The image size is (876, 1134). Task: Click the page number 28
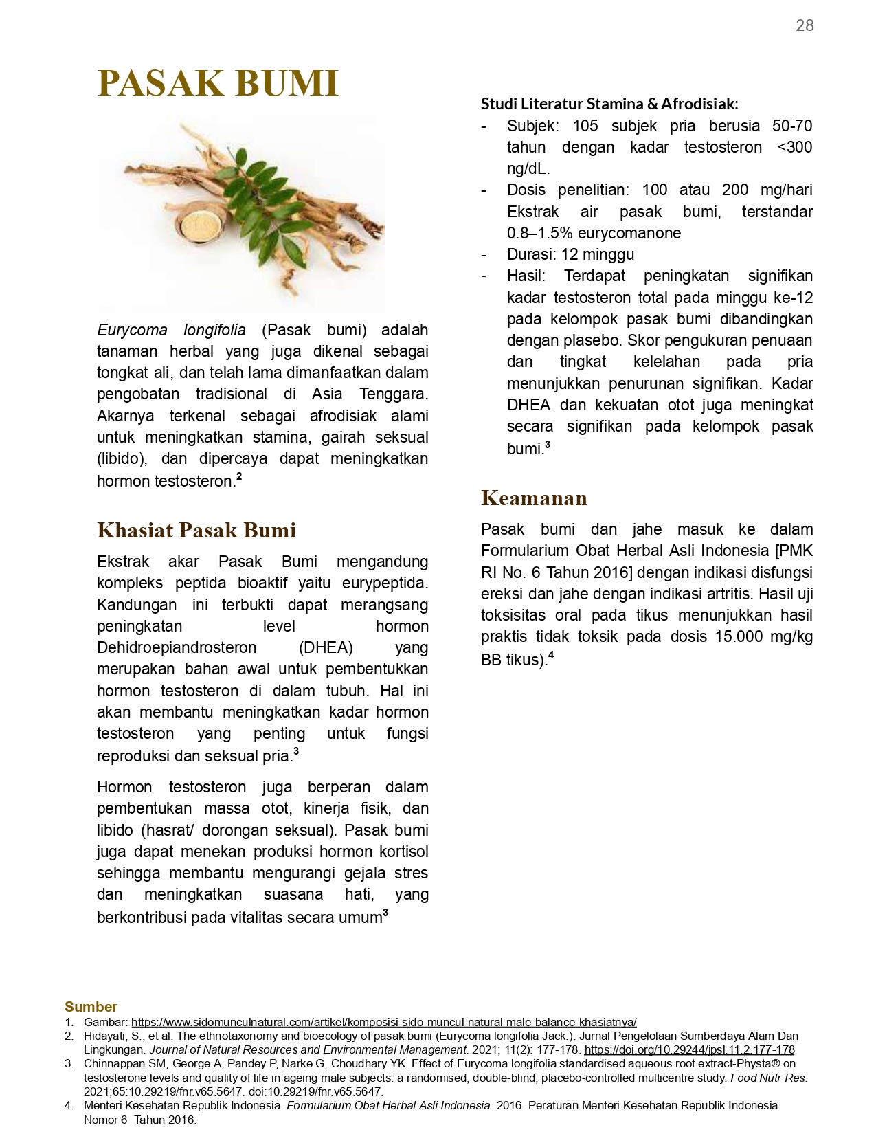(x=805, y=25)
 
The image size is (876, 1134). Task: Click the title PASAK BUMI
(x=218, y=83)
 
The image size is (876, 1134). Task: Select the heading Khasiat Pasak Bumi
(x=196, y=530)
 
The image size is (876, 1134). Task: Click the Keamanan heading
(x=534, y=498)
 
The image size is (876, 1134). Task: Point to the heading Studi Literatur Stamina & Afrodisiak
(x=609, y=104)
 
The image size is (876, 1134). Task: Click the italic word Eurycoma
(x=132, y=330)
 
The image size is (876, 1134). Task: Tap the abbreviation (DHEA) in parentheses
(x=326, y=647)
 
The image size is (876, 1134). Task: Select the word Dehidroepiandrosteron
(x=177, y=647)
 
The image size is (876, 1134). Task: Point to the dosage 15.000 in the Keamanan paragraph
(x=738, y=636)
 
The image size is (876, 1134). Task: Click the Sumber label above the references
(x=91, y=1006)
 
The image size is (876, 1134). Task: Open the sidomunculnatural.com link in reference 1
(x=383, y=1022)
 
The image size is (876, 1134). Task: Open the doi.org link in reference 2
(x=689, y=1049)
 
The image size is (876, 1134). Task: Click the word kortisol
(x=403, y=852)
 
